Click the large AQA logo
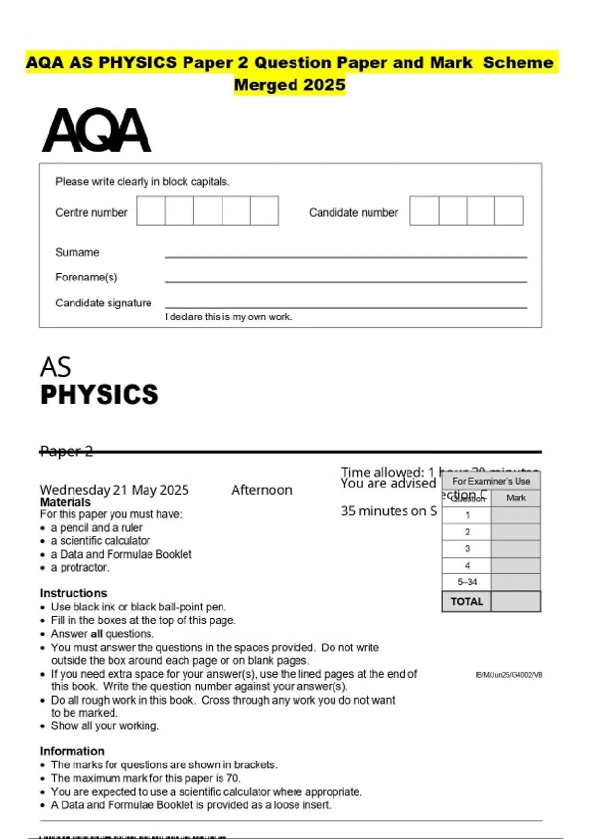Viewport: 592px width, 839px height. [x=97, y=130]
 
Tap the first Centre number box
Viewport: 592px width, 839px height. [x=151, y=211]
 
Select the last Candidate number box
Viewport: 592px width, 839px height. [x=509, y=211]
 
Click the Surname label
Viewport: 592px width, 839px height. [x=77, y=252]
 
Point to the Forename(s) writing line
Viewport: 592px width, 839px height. [x=345, y=281]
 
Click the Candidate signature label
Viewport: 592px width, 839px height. [x=103, y=303]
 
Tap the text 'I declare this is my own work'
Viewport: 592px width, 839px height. [x=228, y=317]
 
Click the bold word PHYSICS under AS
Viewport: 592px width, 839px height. [x=99, y=395]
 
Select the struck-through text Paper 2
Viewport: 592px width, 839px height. [x=66, y=451]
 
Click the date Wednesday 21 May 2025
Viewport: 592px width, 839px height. [x=114, y=490]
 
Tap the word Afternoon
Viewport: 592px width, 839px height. [x=261, y=490]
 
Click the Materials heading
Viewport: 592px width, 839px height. [x=65, y=502]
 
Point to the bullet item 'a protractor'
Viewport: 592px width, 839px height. [x=79, y=568]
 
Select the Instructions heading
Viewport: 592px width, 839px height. [x=73, y=593]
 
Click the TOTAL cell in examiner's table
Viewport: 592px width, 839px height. [x=467, y=602]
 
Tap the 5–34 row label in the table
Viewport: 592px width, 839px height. [x=467, y=582]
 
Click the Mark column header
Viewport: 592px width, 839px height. [x=516, y=498]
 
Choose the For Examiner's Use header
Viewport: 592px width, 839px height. [x=491, y=481]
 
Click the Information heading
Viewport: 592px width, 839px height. [x=72, y=751]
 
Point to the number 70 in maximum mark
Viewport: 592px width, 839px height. [x=232, y=778]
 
